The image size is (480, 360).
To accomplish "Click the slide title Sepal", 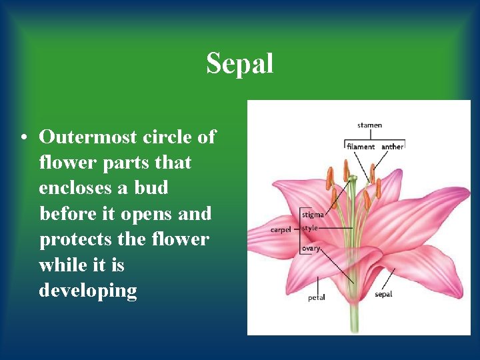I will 239,64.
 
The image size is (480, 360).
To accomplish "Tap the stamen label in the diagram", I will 370,125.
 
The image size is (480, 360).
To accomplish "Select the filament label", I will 361,147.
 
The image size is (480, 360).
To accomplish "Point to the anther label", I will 393,147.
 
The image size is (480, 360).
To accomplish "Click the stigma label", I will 313,215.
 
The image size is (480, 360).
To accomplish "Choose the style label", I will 310,228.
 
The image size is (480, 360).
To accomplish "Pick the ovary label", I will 311,248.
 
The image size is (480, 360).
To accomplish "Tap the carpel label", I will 281,229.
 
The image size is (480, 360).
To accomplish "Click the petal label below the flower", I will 317,297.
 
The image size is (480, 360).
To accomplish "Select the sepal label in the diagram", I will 383,294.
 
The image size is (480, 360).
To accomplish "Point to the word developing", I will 88,291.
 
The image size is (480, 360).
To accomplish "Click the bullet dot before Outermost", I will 23,138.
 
